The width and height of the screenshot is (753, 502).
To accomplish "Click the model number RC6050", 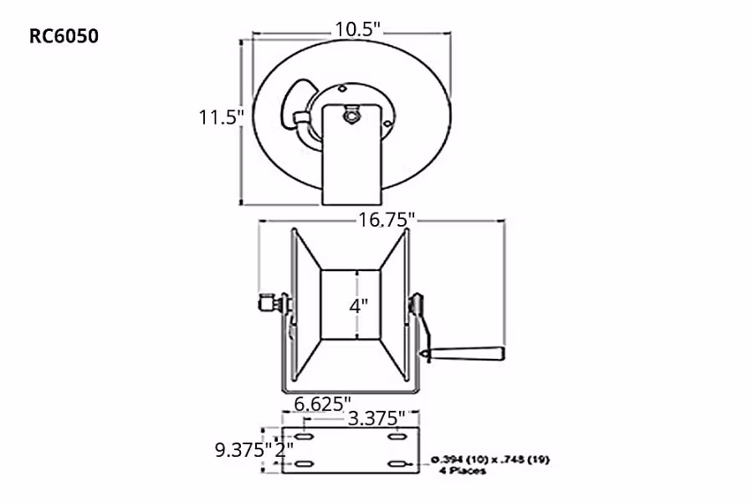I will pyautogui.click(x=64, y=36).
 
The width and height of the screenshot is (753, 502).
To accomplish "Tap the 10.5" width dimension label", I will pyautogui.click(x=358, y=28).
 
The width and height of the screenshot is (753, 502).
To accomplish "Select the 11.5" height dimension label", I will pyautogui.click(x=220, y=116).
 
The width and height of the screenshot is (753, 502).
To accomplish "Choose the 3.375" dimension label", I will pyautogui.click(x=376, y=417).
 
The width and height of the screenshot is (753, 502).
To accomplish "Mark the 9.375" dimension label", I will pyautogui.click(x=243, y=449).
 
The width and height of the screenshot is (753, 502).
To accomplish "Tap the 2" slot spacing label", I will pyautogui.click(x=285, y=449).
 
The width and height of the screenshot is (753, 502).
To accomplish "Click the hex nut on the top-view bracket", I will pyautogui.click(x=351, y=114).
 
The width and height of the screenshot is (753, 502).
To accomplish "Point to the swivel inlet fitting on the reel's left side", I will pyautogui.click(x=270, y=303).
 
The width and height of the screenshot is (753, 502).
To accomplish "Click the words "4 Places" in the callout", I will pyautogui.click(x=463, y=471).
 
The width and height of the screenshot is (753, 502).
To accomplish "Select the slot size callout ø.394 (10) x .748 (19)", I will pyautogui.click(x=492, y=459).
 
